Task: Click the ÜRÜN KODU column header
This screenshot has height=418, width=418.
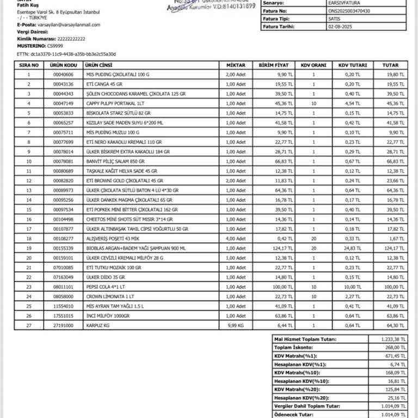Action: pyautogui.click(x=63, y=65)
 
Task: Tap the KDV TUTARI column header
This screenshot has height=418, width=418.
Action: pyautogui.click(x=351, y=65)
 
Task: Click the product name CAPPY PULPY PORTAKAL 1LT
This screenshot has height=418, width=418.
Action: pyautogui.click(x=115, y=103)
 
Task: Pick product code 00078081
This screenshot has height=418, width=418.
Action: pyautogui.click(x=63, y=161)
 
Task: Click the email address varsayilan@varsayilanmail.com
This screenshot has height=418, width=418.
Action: pyautogui.click(x=69, y=25)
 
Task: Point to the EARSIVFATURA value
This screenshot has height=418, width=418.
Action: pyautogui.click(x=336, y=3)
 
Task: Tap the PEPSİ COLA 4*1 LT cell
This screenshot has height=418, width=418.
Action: pyautogui.click(x=106, y=287)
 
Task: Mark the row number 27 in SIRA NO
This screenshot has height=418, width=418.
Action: pyautogui.click(x=29, y=325)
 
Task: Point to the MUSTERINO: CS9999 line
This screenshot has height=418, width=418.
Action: pyautogui.click(x=35, y=46)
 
